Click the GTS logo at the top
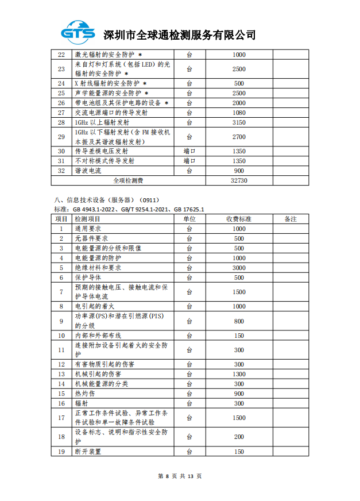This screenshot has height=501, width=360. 79,32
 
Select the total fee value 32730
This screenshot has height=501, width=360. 239,180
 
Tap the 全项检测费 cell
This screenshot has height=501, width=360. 128,180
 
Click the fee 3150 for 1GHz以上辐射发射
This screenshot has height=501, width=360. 239,122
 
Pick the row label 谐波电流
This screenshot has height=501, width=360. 88,171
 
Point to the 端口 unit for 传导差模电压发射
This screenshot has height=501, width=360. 189,151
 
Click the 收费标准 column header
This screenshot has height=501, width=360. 239,219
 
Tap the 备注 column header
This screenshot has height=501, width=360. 291,219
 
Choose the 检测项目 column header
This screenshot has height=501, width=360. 88,219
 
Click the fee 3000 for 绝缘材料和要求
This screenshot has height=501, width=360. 239,268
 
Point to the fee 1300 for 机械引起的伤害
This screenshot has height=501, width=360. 239,374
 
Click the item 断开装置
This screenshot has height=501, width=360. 88,452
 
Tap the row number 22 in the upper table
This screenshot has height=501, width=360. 61,55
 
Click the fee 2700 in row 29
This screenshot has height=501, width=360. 239,137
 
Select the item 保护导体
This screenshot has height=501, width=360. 88,278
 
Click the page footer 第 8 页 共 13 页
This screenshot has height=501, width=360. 180,476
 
